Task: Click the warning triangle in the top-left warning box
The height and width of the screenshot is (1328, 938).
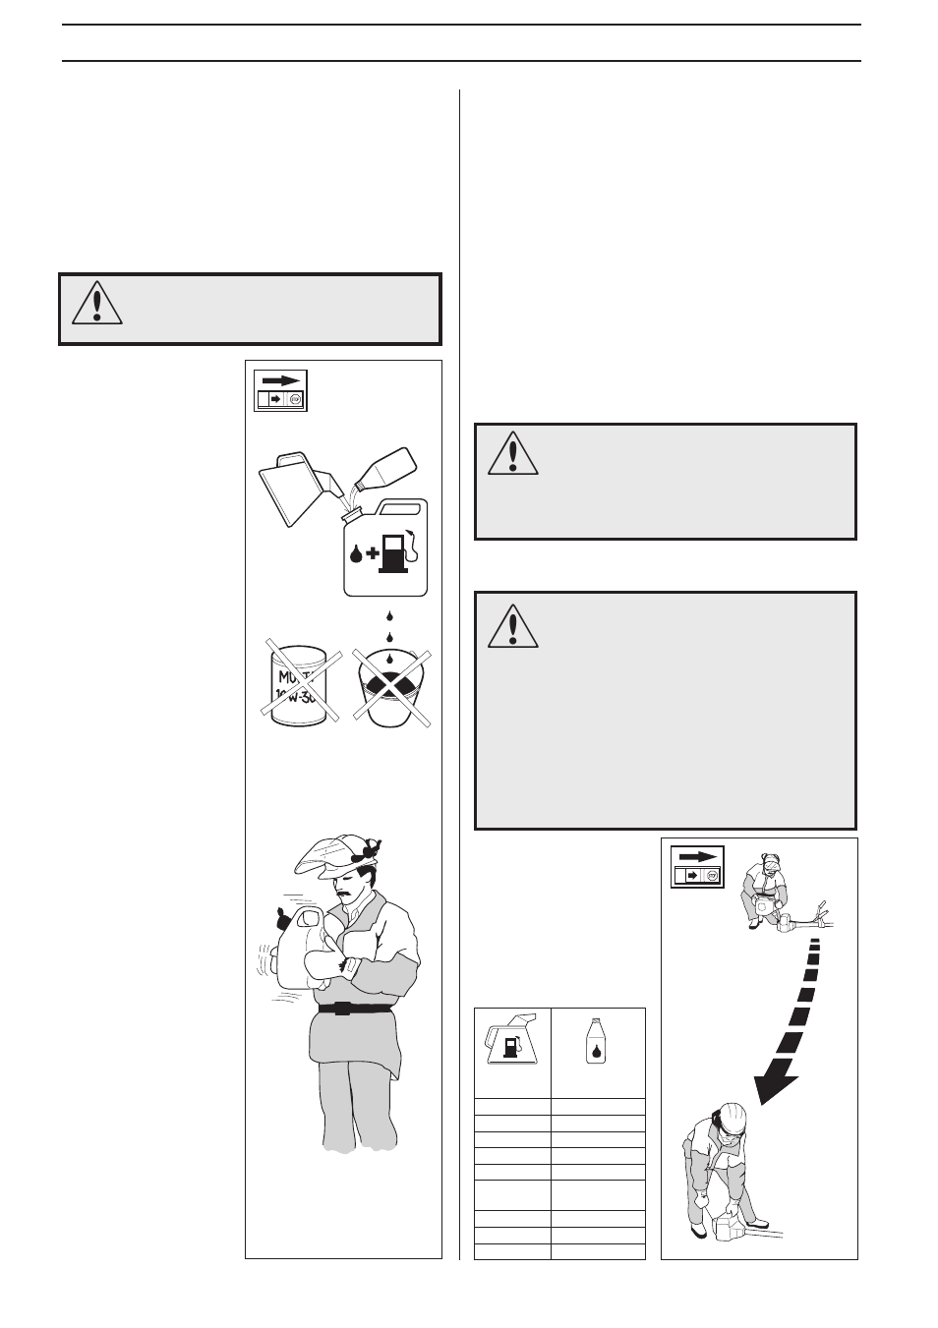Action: click(96, 304)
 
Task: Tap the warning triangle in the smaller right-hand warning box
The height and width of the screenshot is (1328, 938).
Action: click(512, 453)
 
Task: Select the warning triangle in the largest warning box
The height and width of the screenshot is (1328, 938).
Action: click(512, 626)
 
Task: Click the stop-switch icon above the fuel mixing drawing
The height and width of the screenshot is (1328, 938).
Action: click(281, 390)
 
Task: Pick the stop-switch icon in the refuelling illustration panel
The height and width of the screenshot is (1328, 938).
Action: click(697, 866)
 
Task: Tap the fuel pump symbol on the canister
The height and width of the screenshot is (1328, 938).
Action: click(395, 552)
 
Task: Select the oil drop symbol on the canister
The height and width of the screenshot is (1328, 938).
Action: click(356, 553)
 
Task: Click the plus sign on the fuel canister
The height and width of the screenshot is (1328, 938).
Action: click(373, 553)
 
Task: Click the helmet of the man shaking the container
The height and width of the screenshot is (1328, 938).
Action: click(334, 855)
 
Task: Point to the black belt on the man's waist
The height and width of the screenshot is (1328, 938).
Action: click(355, 1008)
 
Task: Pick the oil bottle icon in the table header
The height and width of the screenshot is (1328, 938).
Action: click(596, 1040)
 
